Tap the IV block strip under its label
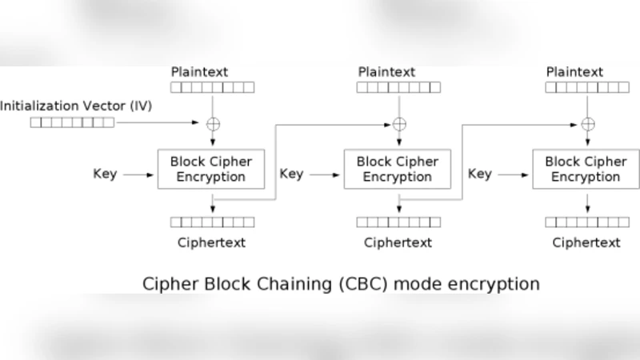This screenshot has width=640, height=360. tap(72, 122)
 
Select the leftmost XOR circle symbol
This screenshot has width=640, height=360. tap(213, 123)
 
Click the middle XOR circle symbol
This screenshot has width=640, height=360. tap(399, 123)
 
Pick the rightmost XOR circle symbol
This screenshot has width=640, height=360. tap(587, 123)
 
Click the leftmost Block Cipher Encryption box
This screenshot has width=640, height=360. tap(211, 169)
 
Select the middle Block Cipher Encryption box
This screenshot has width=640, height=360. tap(398, 169)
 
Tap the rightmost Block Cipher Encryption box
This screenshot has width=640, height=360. tap(586, 169)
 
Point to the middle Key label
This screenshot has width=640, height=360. tap(291, 174)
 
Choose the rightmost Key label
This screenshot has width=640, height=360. tap(479, 174)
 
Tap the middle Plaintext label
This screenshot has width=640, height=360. tap(386, 72)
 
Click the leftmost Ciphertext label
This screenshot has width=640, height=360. tap(211, 242)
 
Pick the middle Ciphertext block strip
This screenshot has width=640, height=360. tap(398, 222)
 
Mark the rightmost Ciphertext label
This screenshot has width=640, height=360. tap(586, 242)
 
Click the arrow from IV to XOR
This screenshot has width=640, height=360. tap(160, 123)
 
